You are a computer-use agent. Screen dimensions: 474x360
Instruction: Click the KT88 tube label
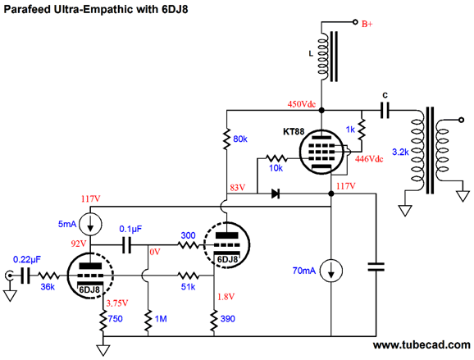pos(294,132)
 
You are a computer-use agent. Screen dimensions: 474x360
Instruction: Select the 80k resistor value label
pos(240,139)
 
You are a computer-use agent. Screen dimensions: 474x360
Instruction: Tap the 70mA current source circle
pos(331,271)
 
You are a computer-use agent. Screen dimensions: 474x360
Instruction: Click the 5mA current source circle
pos(91,224)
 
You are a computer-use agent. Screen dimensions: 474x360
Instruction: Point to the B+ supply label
pos(367,24)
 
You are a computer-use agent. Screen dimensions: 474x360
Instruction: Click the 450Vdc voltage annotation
pos(302,104)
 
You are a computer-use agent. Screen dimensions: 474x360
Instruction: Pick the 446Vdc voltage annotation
pos(369,159)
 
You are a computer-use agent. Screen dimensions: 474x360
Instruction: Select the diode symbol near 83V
pos(275,194)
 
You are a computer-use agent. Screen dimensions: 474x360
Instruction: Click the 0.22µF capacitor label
pos(27,260)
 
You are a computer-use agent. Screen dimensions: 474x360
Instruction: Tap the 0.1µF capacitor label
pos(130,229)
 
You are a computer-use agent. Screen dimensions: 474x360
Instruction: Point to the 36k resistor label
pos(48,286)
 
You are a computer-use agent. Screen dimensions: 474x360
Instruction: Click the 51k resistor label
pos(188,286)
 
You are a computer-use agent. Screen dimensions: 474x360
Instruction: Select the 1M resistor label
pos(161,319)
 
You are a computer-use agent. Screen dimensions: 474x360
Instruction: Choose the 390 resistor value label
pos(228,319)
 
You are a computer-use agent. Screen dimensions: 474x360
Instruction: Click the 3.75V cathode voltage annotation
pos(117,303)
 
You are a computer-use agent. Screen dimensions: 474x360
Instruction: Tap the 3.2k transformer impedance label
pos(400,152)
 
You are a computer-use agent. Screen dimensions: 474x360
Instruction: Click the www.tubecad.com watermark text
pos(422,345)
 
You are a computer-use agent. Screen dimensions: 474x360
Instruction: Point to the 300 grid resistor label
pos(188,235)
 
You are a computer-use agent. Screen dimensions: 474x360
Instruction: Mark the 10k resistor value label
pos(276,168)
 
